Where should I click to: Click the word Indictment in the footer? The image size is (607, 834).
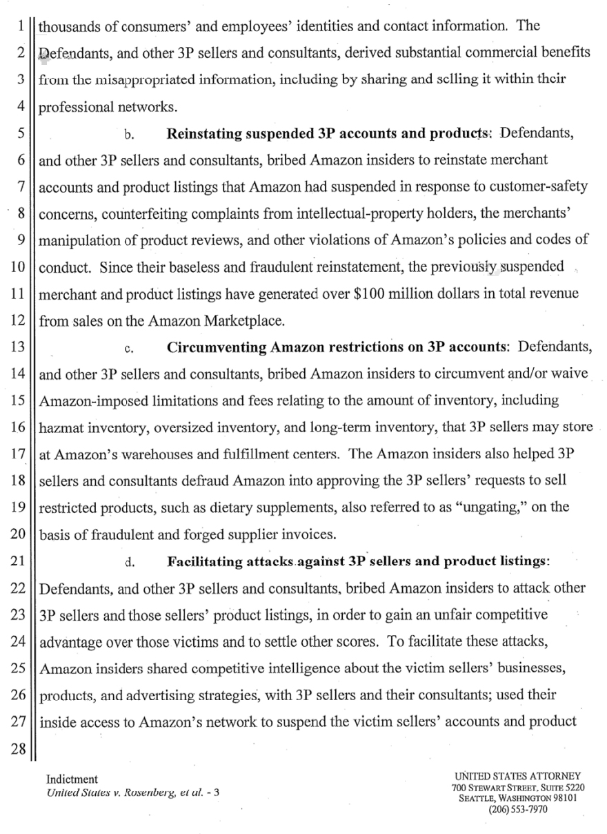[x=72, y=779]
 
